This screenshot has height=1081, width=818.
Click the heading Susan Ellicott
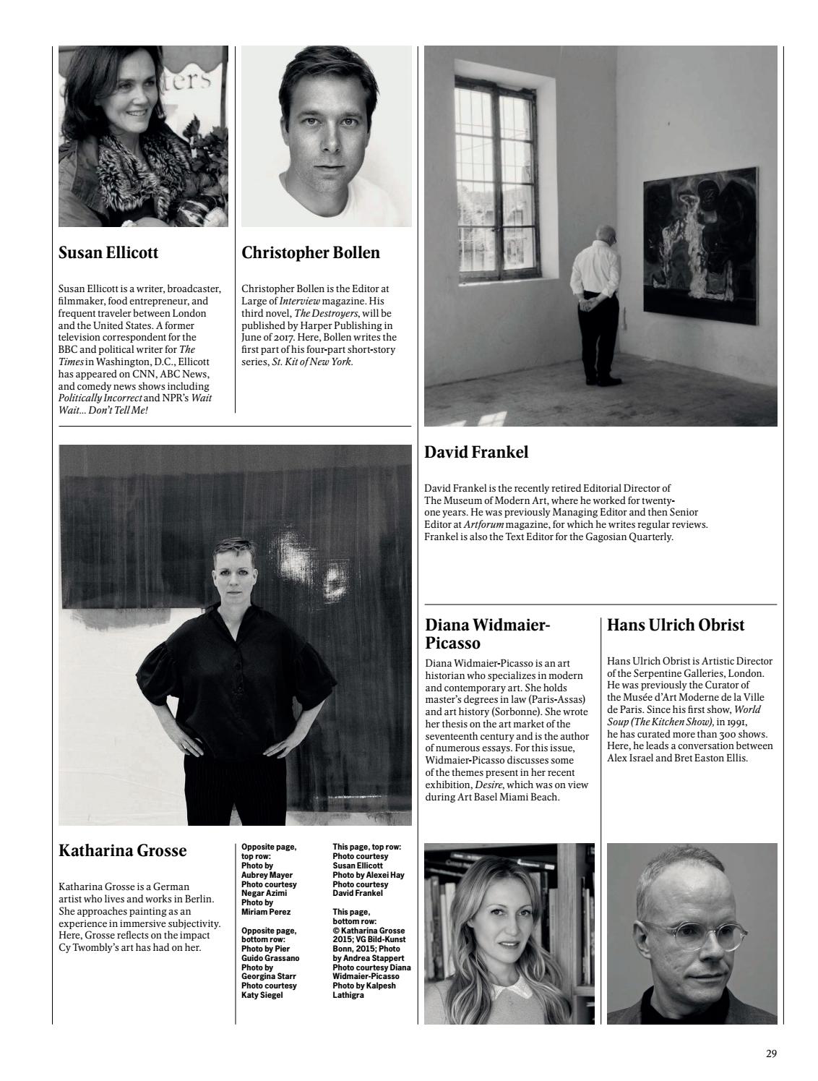tap(108, 253)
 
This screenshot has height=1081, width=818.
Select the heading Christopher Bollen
tap(311, 253)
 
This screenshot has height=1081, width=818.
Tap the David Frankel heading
tap(476, 453)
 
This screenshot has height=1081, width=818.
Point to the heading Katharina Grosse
tap(122, 851)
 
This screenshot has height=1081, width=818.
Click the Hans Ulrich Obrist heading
tap(676, 625)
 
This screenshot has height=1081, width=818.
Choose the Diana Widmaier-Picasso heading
tap(488, 634)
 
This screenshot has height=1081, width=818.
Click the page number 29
tap(771, 1054)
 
